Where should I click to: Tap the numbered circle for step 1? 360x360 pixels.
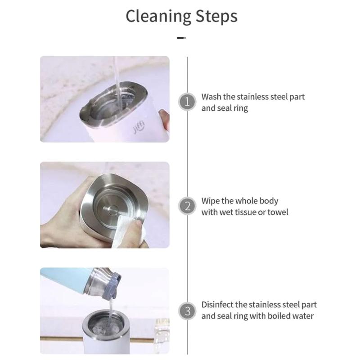(x=187, y=102)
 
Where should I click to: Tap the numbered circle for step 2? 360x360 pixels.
(x=187, y=207)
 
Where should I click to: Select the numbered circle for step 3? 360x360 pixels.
(x=187, y=310)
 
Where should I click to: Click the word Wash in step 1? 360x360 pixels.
(x=211, y=97)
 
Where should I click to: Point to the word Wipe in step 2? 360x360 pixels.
(x=211, y=201)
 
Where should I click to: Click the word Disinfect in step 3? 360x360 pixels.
(x=218, y=305)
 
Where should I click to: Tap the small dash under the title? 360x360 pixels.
(x=181, y=38)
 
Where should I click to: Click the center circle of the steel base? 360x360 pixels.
(x=112, y=209)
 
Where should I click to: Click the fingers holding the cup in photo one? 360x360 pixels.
(x=165, y=122)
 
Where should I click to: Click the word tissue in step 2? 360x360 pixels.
(x=244, y=212)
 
